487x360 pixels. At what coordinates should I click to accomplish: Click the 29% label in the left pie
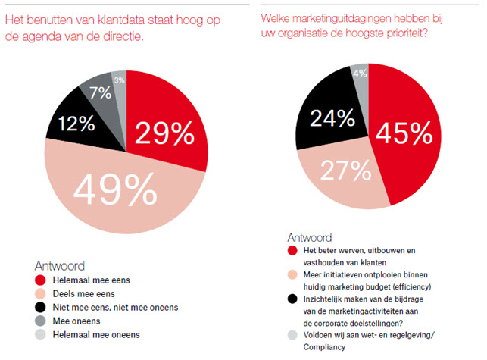(x=164, y=134)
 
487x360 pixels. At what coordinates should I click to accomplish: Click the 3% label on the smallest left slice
(x=119, y=80)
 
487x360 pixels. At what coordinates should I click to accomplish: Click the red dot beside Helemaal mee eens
(x=42, y=280)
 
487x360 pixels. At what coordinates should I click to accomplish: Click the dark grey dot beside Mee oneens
(x=42, y=320)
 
